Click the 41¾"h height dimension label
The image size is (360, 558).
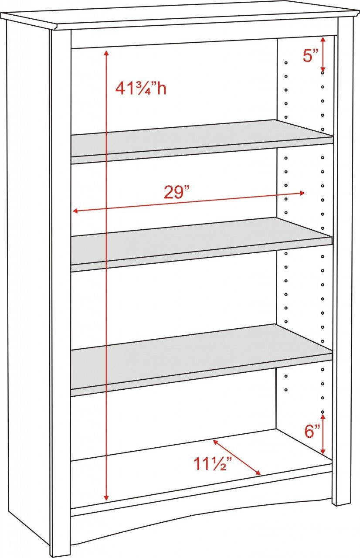pos(140,88)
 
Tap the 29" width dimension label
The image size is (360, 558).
pos(177,192)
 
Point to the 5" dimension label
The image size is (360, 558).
pos(310,56)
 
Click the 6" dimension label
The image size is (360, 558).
pos(312,432)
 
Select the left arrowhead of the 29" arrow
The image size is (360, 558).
pos(75,211)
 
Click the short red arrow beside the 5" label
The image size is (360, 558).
pos(323,54)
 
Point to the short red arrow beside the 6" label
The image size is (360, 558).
pos(323,434)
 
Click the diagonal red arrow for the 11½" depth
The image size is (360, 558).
pos(237,457)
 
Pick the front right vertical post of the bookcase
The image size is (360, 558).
pos(343,262)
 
